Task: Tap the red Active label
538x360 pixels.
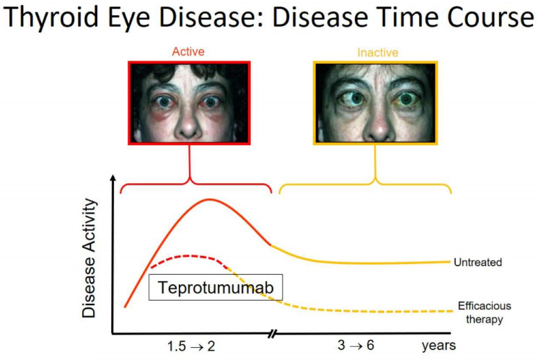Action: pyautogui.click(x=189, y=53)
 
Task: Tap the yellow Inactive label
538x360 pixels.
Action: pyautogui.click(x=377, y=53)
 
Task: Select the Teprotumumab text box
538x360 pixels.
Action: pyautogui.click(x=216, y=287)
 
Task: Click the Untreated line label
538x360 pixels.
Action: pyautogui.click(x=477, y=262)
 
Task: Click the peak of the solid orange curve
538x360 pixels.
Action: pyautogui.click(x=210, y=200)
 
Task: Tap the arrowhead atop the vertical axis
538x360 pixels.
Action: pyautogui.click(x=112, y=177)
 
